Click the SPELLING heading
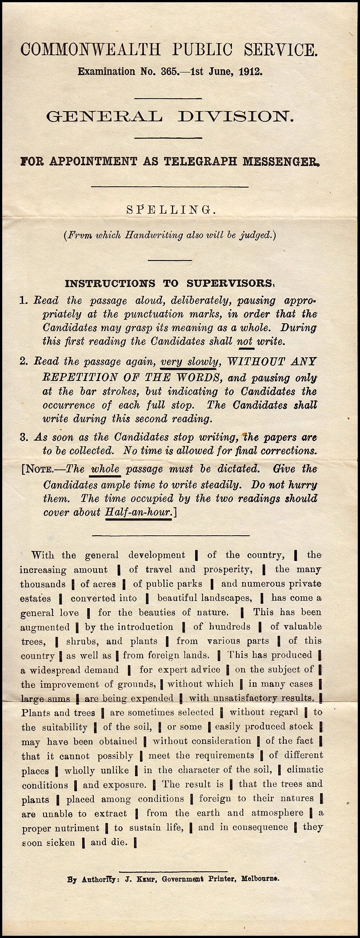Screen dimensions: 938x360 [171, 210]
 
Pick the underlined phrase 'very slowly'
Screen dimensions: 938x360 [188, 362]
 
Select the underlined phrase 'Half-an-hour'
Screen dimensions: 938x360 [138, 512]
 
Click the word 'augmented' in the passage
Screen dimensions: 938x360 [45, 627]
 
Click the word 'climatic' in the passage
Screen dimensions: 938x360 [305, 770]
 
